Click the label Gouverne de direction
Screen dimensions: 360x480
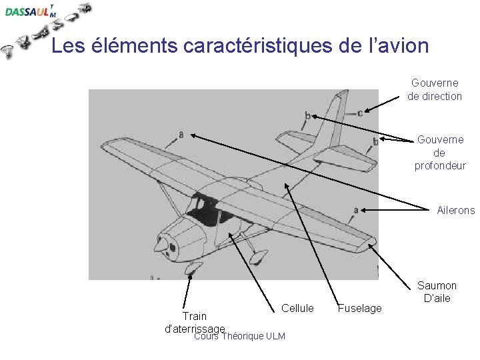click(x=434, y=90)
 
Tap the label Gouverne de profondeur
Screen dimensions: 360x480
click(x=440, y=152)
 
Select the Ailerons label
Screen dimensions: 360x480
click(x=456, y=210)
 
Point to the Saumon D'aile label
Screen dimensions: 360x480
click(x=437, y=292)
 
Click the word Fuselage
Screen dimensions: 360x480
click(x=360, y=308)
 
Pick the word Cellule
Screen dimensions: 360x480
click(x=297, y=307)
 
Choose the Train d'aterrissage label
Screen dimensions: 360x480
click(x=195, y=321)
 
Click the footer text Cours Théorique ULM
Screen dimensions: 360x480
click(x=239, y=336)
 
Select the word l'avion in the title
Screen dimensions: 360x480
click(x=396, y=46)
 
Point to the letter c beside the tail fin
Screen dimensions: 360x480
click(x=360, y=113)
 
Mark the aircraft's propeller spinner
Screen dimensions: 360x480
click(x=161, y=246)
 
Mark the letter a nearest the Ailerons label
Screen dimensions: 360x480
click(x=356, y=210)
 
